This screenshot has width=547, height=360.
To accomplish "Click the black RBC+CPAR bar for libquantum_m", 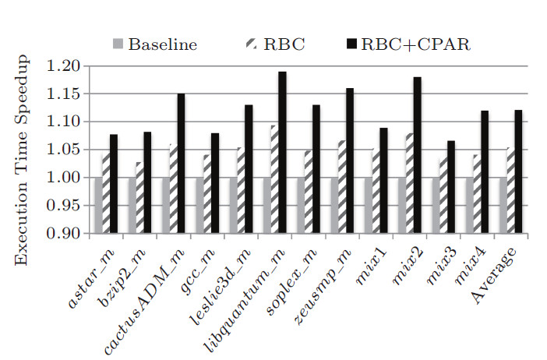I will point(282,152).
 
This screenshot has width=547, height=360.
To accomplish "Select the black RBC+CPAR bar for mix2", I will point(417,155).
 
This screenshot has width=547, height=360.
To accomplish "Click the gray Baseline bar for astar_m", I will point(97,206).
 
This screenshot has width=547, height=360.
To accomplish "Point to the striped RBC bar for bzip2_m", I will point(139,198).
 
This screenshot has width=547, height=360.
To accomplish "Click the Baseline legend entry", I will point(155,44).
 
